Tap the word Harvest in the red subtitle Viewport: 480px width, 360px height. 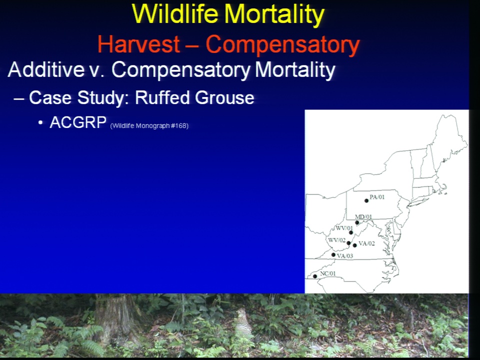pyautogui.click(x=138, y=44)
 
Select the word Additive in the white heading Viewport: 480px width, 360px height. pyautogui.click(x=46, y=69)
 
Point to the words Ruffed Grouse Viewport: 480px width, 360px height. pyautogui.click(x=194, y=97)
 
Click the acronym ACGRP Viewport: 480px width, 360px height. pyautogui.click(x=78, y=122)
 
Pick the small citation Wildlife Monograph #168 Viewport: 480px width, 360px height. pyautogui.click(x=149, y=126)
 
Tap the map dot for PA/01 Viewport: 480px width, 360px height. pyautogui.click(x=366, y=201)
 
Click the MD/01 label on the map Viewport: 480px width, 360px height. pyautogui.click(x=363, y=217)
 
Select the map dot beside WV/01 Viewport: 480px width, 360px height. pyautogui.click(x=351, y=232)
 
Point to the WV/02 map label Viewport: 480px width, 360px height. pyautogui.click(x=336, y=240)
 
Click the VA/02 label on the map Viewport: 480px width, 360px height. pyautogui.click(x=366, y=243)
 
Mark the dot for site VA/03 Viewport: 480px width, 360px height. pyautogui.click(x=333, y=254)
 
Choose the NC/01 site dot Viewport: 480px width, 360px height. pyautogui.click(x=315, y=276)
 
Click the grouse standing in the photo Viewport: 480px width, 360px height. pyautogui.click(x=244, y=323)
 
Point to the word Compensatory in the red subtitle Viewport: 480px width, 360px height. pyautogui.click(x=282, y=44)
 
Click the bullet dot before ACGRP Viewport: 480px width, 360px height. pyautogui.click(x=40, y=123)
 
